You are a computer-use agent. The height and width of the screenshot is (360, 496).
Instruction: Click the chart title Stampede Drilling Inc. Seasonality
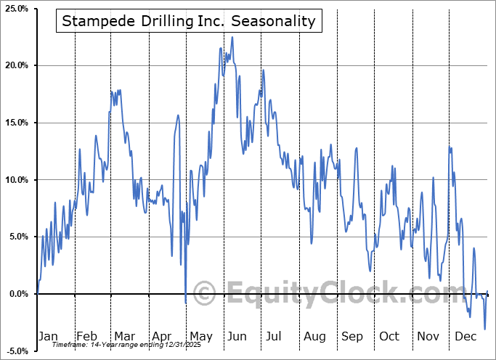click(x=189, y=21)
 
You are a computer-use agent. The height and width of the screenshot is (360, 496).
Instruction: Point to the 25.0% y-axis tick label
click(x=15, y=9)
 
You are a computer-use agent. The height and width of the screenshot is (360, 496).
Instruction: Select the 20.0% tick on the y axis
click(x=15, y=66)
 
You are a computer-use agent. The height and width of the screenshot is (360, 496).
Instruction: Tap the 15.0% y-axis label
click(x=15, y=123)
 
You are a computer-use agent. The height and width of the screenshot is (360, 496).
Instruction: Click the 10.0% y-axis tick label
click(x=15, y=180)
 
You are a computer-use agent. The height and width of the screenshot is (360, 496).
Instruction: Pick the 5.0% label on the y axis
click(x=17, y=237)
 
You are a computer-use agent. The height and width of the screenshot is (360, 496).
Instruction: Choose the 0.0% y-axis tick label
click(x=17, y=294)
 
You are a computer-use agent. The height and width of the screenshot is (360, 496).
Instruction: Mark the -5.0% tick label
click(x=16, y=351)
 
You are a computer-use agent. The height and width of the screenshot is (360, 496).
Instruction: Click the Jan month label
click(x=47, y=336)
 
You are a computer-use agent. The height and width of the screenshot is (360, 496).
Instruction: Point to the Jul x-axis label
click(x=275, y=336)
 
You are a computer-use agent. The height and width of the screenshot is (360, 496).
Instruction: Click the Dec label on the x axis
click(x=465, y=336)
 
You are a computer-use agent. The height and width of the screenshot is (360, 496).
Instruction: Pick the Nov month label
click(x=428, y=336)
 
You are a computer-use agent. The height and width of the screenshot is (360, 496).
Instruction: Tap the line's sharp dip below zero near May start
click(x=185, y=302)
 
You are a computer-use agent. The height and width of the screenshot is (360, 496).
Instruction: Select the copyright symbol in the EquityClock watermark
click(x=204, y=294)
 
